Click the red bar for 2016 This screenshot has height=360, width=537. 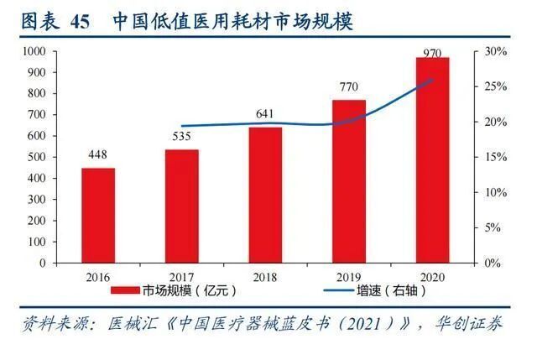pyautogui.click(x=98, y=215)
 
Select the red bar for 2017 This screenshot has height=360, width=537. pyautogui.click(x=181, y=206)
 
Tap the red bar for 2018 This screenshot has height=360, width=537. pyautogui.click(x=265, y=194)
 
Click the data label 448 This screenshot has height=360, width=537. pyautogui.click(x=98, y=156)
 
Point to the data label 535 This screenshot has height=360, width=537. pyautogui.click(x=181, y=138)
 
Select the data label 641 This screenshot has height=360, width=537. pyautogui.click(x=265, y=115)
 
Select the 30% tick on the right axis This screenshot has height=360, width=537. pyautogui.click(x=496, y=51)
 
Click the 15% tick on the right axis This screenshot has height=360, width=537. pyautogui.click(x=496, y=157)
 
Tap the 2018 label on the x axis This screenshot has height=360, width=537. pyautogui.click(x=265, y=276)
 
